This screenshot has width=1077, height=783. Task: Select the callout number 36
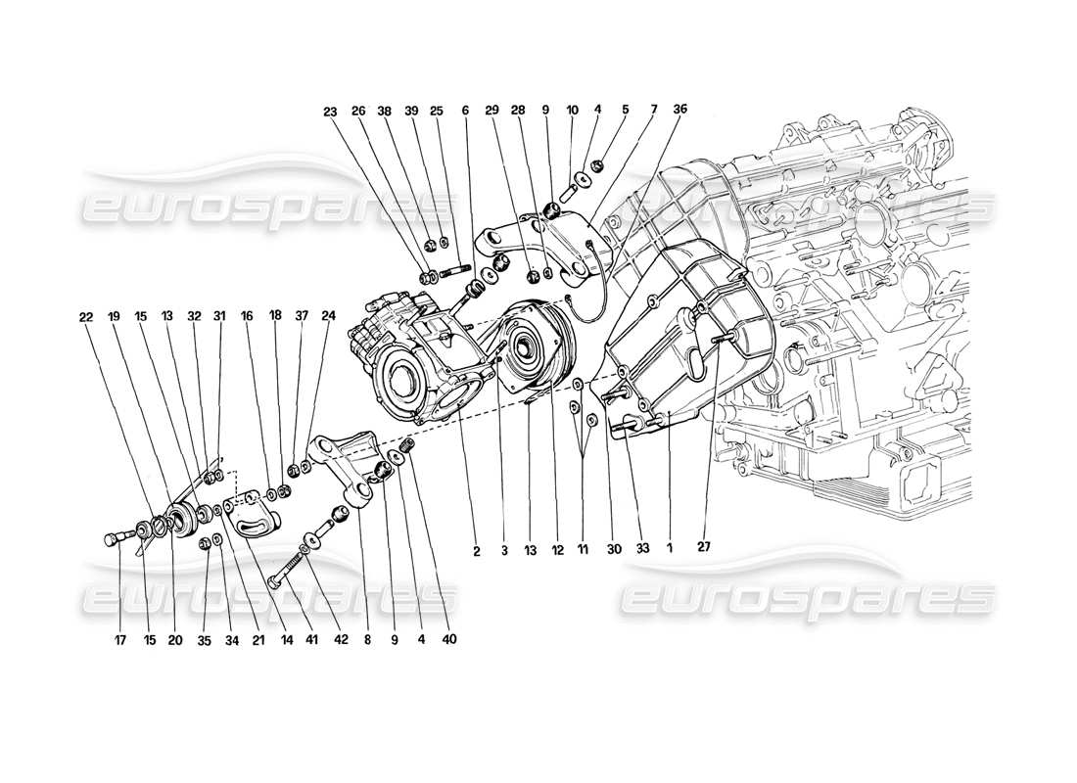(680, 110)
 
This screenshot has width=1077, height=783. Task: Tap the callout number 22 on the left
(87, 316)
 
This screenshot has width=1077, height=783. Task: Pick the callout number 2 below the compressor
(477, 551)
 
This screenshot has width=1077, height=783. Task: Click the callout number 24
(328, 316)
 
